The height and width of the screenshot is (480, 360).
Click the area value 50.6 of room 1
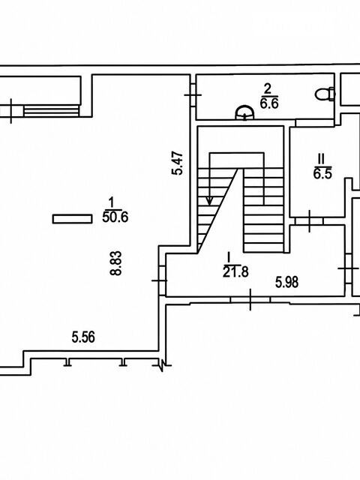(x=115, y=217)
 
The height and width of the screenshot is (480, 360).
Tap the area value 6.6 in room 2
(x=269, y=103)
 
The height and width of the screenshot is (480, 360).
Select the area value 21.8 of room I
(x=235, y=271)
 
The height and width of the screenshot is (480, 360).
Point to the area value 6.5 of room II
(x=322, y=174)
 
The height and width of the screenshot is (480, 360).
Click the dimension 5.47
(x=177, y=163)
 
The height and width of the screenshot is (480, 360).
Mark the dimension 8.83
(x=116, y=263)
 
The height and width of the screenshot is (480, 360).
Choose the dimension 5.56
(x=83, y=337)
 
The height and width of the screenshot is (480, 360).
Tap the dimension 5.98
(x=286, y=282)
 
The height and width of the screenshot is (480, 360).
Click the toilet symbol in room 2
(x=325, y=94)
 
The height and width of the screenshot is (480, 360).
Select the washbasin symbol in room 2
(x=244, y=112)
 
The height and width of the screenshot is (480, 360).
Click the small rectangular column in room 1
(x=72, y=219)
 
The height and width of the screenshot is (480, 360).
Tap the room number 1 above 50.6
(x=112, y=202)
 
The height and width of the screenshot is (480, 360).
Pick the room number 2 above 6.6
(x=268, y=89)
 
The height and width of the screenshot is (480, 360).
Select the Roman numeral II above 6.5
(x=321, y=159)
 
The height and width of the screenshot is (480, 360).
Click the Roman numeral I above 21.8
(x=228, y=256)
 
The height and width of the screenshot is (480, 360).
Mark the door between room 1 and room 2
(x=193, y=95)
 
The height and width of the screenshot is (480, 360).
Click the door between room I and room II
(x=309, y=221)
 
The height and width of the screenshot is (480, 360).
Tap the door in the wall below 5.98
(x=250, y=300)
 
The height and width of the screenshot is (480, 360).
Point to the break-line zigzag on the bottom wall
(x=162, y=364)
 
